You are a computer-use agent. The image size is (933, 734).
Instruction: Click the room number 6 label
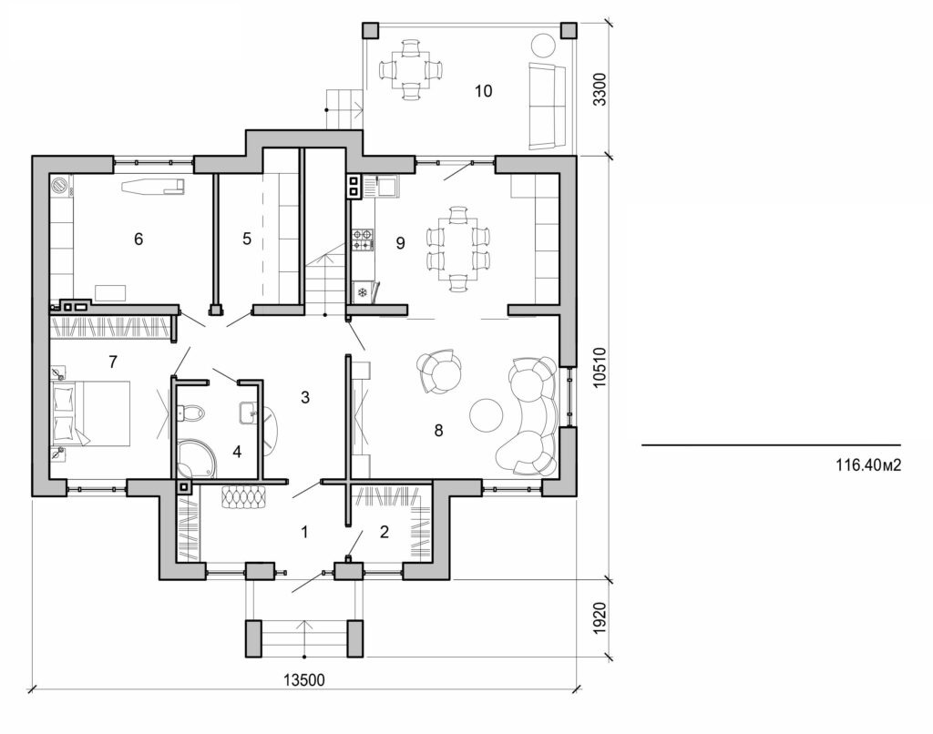tap(138, 240)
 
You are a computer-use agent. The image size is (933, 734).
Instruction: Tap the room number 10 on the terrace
tap(483, 90)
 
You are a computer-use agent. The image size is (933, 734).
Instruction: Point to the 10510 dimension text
tap(599, 367)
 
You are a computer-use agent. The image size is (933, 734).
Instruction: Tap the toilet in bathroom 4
tap(191, 414)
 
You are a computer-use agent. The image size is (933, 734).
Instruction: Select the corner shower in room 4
tap(195, 459)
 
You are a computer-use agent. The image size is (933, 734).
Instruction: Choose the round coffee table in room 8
tap(487, 415)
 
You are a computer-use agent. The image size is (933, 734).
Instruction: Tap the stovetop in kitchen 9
tap(361, 240)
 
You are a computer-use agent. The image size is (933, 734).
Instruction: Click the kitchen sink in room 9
tap(386, 187)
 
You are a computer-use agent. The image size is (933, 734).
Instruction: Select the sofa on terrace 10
tap(545, 106)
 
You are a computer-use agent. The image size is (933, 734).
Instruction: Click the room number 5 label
tap(246, 240)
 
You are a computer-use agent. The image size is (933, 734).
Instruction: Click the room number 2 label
tap(384, 532)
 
